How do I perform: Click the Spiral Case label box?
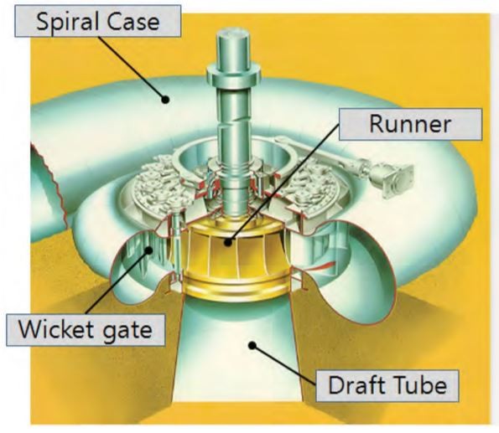click(x=97, y=21)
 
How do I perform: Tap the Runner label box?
click(x=410, y=124)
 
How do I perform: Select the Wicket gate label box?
click(x=86, y=330)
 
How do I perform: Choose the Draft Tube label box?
click(x=387, y=385)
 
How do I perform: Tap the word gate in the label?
click(x=127, y=332)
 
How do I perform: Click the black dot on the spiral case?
click(x=165, y=100)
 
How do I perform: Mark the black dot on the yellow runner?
click(x=227, y=243)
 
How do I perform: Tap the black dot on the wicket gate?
click(x=148, y=250)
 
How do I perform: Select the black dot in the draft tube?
click(x=252, y=345)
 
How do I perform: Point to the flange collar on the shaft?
click(x=234, y=74)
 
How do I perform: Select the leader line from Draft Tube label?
click(x=284, y=365)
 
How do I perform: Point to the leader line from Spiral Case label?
click(x=132, y=69)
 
